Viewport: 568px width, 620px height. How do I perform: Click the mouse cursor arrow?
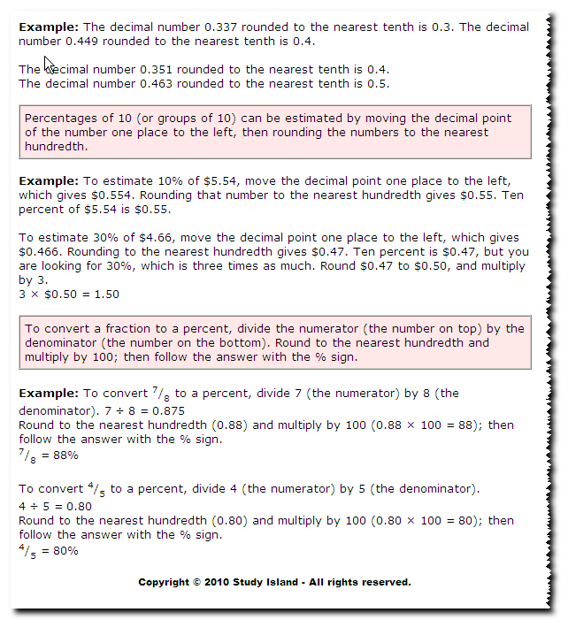tap(50, 65)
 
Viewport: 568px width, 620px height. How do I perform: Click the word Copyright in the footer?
tap(163, 582)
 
